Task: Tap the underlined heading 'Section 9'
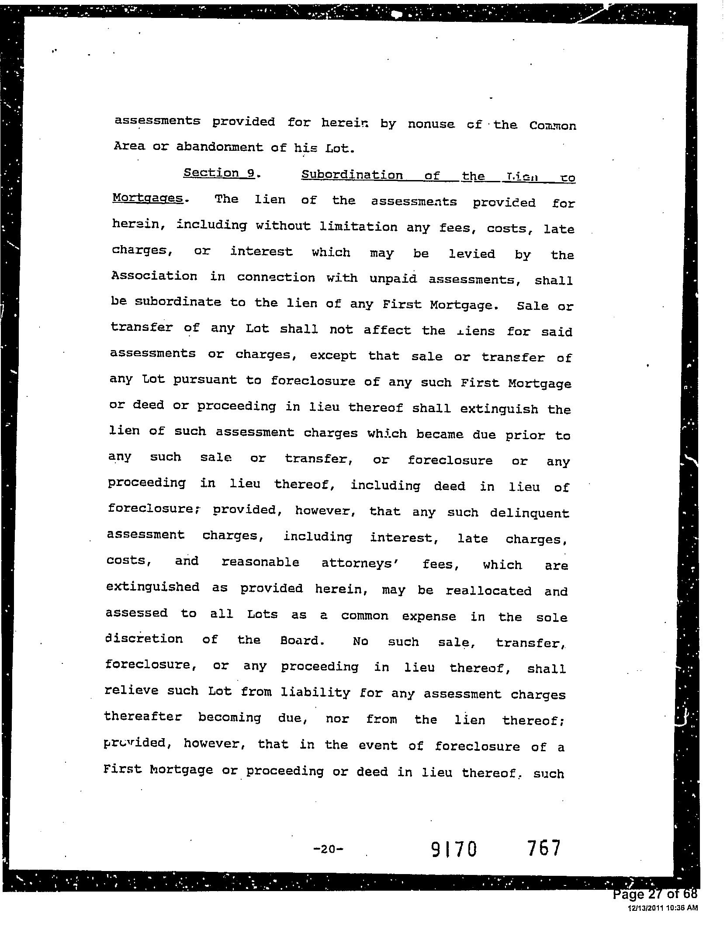pos(219,173)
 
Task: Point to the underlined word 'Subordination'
pos(352,175)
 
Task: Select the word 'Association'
pos(154,276)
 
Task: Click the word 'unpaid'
pos(393,279)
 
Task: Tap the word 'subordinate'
pos(178,302)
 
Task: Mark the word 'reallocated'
pos(488,591)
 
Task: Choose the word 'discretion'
pos(144,639)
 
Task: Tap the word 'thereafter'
pos(142,717)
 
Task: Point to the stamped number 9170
pos(454,849)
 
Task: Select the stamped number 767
pos(543,848)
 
